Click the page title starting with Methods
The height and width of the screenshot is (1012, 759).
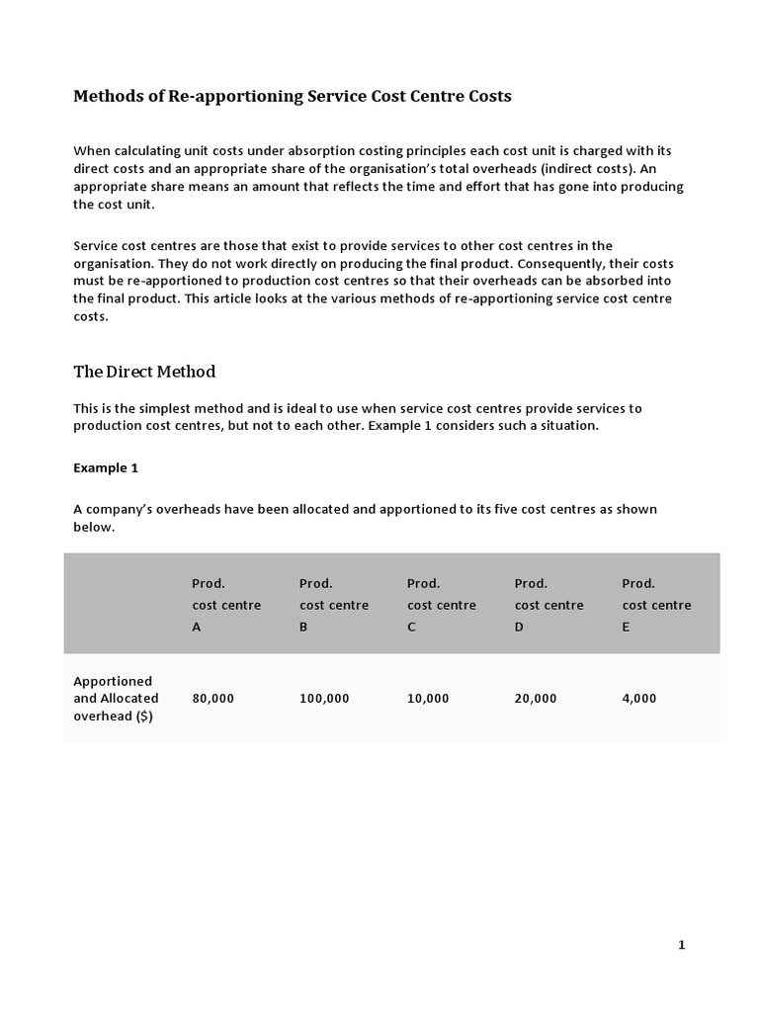(293, 97)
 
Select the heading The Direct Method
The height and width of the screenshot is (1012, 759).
(144, 372)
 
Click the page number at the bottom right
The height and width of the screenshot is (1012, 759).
(681, 945)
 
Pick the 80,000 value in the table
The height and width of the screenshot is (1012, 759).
(212, 698)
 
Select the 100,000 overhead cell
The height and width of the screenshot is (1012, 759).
(324, 698)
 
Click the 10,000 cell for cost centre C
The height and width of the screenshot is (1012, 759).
(428, 698)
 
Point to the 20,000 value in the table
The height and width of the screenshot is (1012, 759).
(536, 698)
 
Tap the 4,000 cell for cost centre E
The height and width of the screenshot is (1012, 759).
(638, 698)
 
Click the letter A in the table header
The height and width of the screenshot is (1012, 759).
(196, 627)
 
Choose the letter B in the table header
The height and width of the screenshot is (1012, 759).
(303, 627)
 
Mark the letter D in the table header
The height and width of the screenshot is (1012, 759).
(519, 627)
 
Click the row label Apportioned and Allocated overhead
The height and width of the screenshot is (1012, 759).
(116, 698)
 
